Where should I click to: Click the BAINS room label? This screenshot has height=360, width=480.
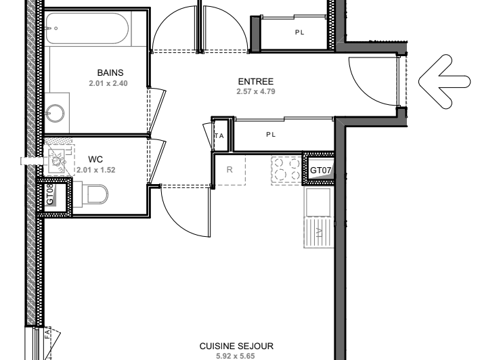110,73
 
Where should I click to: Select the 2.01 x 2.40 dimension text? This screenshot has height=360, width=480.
108,83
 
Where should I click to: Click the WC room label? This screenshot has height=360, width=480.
95,160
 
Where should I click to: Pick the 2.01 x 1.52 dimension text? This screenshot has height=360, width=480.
95,170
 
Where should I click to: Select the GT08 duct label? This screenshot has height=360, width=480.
51,196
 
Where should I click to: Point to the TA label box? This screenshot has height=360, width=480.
219,135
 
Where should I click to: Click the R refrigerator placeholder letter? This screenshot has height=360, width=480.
229,171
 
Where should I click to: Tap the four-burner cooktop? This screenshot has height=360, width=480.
288,171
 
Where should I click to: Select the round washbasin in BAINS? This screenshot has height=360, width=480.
56,112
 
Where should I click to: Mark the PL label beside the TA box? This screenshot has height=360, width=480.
271,134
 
